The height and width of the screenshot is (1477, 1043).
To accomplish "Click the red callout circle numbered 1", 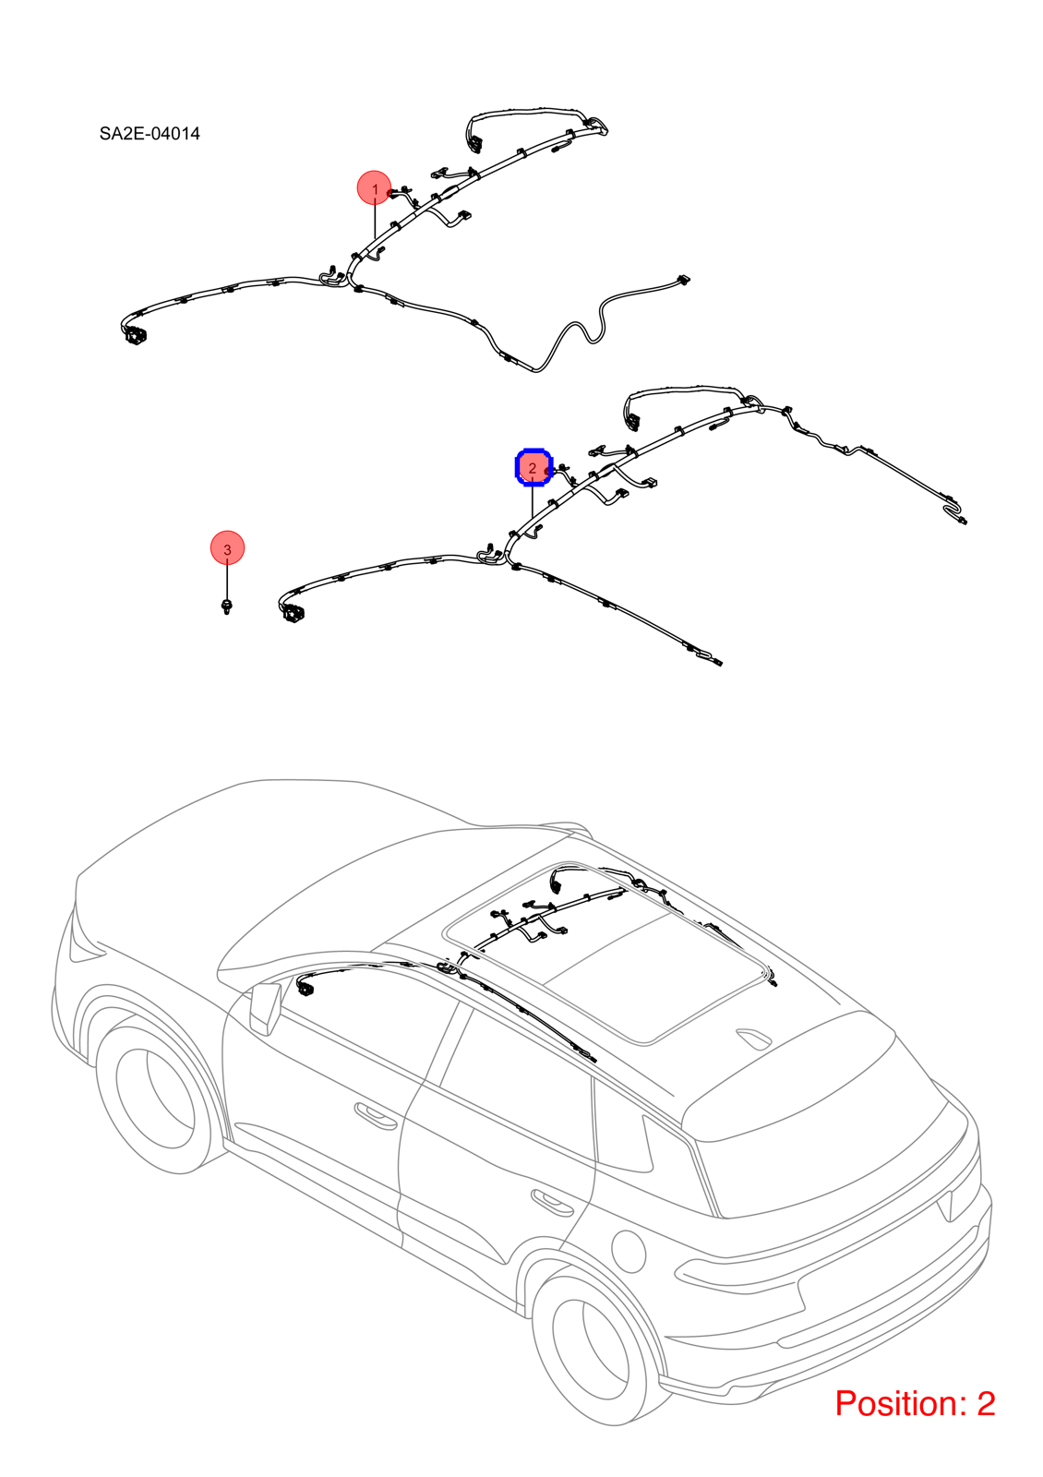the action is coord(374,188).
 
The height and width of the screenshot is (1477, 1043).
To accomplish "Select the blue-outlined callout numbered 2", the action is coord(533,467).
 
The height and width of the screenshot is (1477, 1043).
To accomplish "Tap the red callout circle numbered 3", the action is coord(227,548).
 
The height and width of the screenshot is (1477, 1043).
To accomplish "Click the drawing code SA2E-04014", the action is coord(150,134).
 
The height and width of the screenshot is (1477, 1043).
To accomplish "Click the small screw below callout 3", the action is coord(227,606).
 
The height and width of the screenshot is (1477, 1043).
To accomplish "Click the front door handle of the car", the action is coord(376,1115).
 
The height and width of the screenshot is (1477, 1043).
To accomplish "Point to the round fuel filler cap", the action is coord(629,1251).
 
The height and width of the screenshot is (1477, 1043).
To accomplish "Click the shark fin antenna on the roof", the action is coord(754,1038).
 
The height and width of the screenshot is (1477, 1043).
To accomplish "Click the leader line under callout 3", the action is coord(227,582).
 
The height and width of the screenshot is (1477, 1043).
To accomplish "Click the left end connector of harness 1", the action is coord(134,335).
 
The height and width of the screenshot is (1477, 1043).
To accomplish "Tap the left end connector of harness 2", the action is coord(293,613).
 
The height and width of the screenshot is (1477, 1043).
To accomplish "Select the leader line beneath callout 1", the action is coord(375,222).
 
